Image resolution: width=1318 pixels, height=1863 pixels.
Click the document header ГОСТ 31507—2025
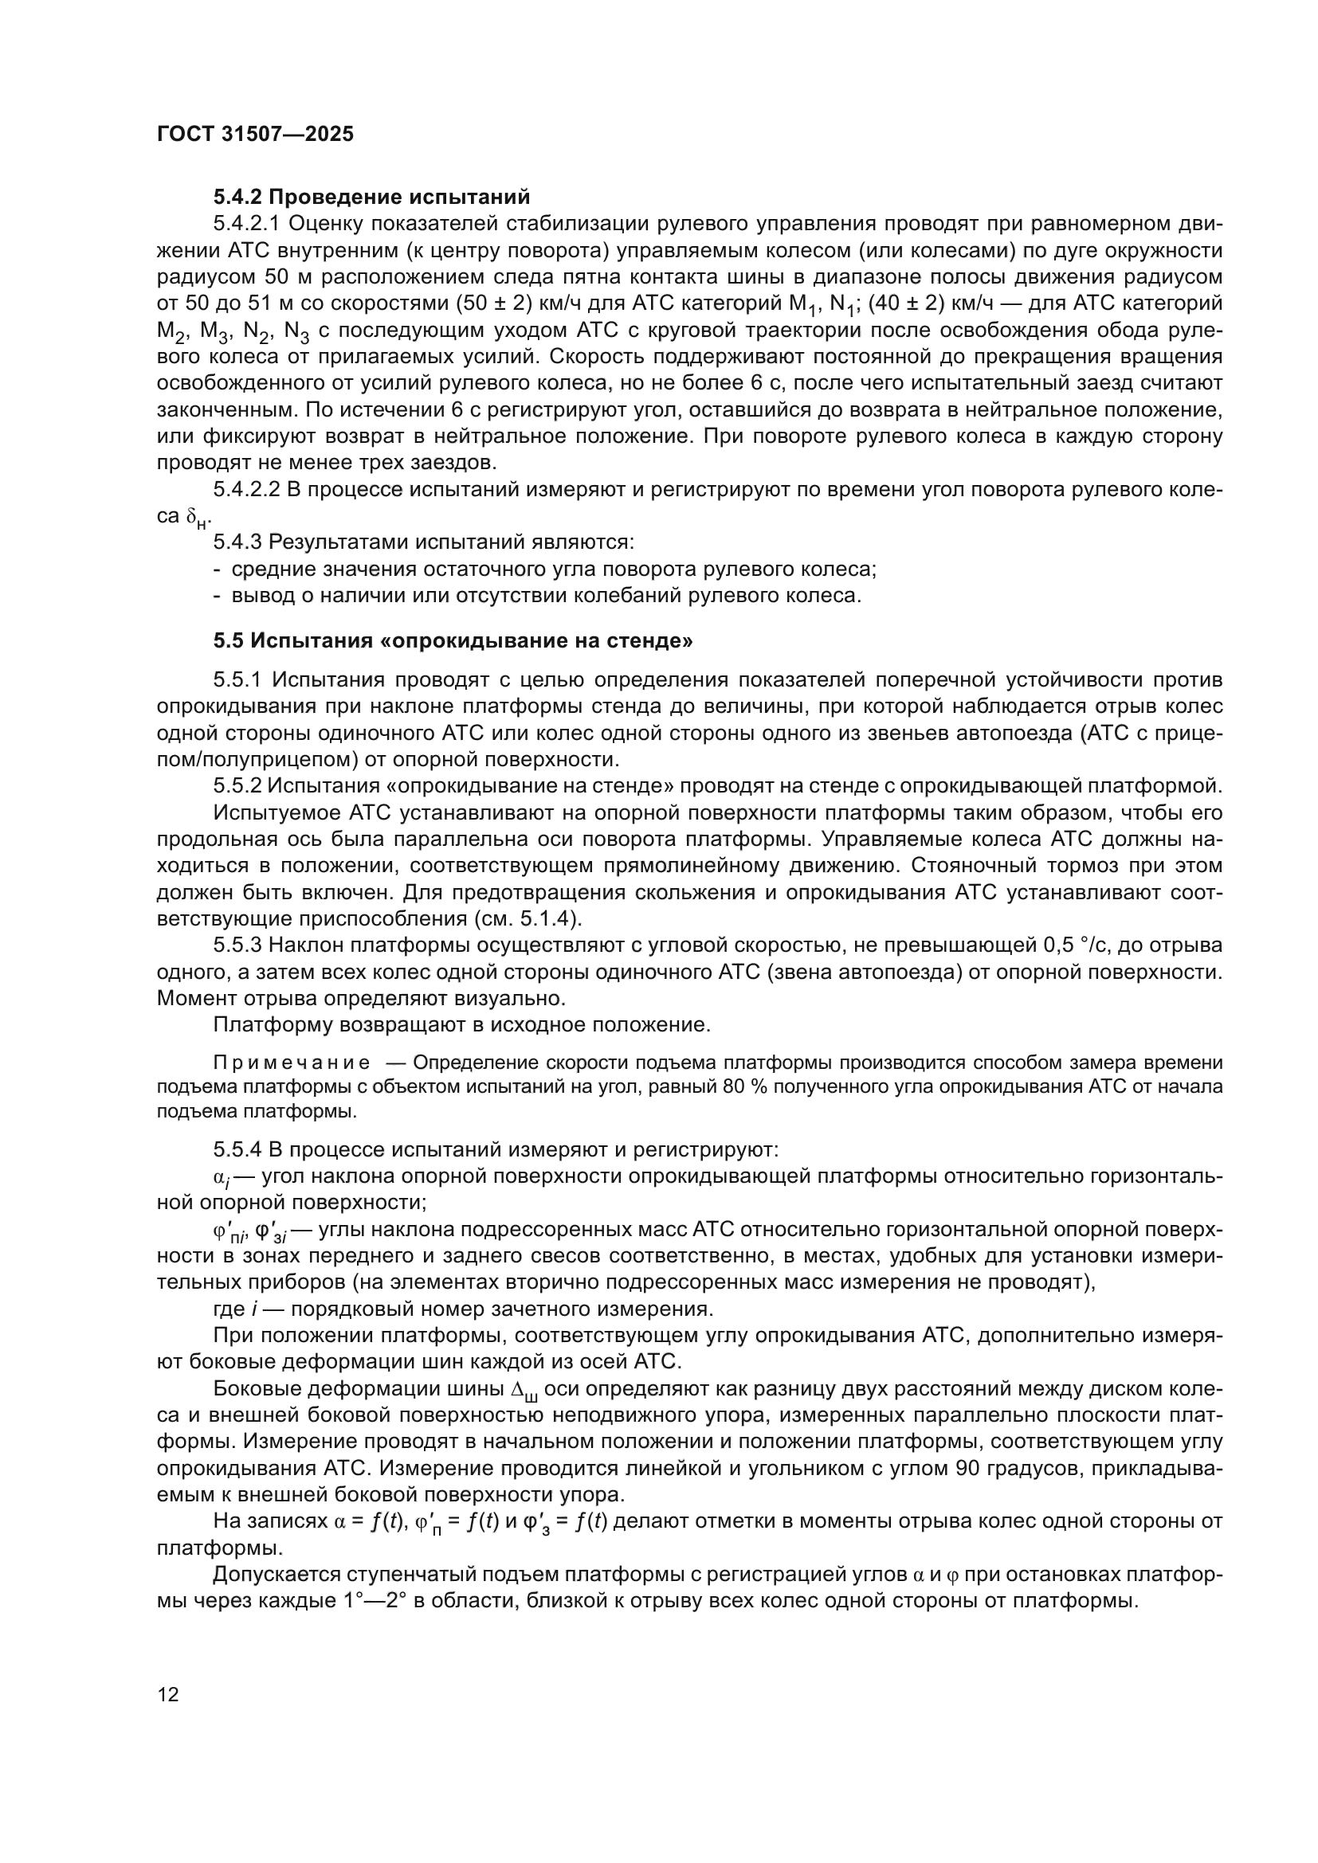256,135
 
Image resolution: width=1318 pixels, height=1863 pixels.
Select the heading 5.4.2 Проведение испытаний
371,198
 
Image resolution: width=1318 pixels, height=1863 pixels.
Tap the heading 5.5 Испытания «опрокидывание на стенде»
453,641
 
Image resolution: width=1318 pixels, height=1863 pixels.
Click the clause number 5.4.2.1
247,224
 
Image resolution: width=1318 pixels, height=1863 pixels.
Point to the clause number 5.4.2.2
247,489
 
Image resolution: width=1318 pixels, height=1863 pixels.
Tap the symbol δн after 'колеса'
197,518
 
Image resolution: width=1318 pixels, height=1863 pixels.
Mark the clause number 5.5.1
237,679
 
